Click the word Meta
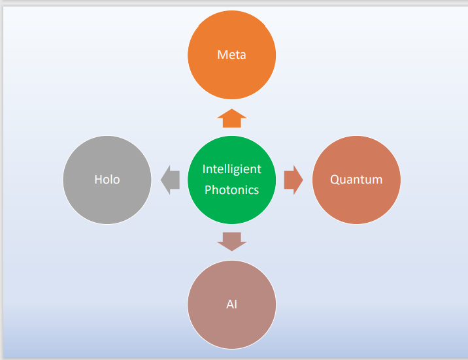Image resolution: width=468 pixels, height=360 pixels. click(231, 55)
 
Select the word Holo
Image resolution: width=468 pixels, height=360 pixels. click(107, 180)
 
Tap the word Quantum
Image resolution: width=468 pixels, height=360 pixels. click(356, 180)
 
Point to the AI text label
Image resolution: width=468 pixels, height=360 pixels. click(231, 304)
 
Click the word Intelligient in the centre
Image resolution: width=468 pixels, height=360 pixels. click(231, 169)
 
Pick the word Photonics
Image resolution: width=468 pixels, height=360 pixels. click(231, 190)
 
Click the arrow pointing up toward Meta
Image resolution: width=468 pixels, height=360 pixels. click(231, 118)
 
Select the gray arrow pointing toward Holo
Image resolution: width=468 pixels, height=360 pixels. click(170, 180)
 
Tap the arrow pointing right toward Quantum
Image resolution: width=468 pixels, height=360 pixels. click(293, 180)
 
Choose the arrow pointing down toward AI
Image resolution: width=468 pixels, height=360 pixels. click(231, 241)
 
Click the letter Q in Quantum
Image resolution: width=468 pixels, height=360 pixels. click(335, 180)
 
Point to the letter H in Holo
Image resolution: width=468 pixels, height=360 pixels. click(97, 180)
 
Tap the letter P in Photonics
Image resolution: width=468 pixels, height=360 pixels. click(209, 190)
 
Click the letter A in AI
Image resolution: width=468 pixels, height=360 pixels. click(228, 304)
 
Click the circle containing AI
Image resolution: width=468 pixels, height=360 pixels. click(231, 327)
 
